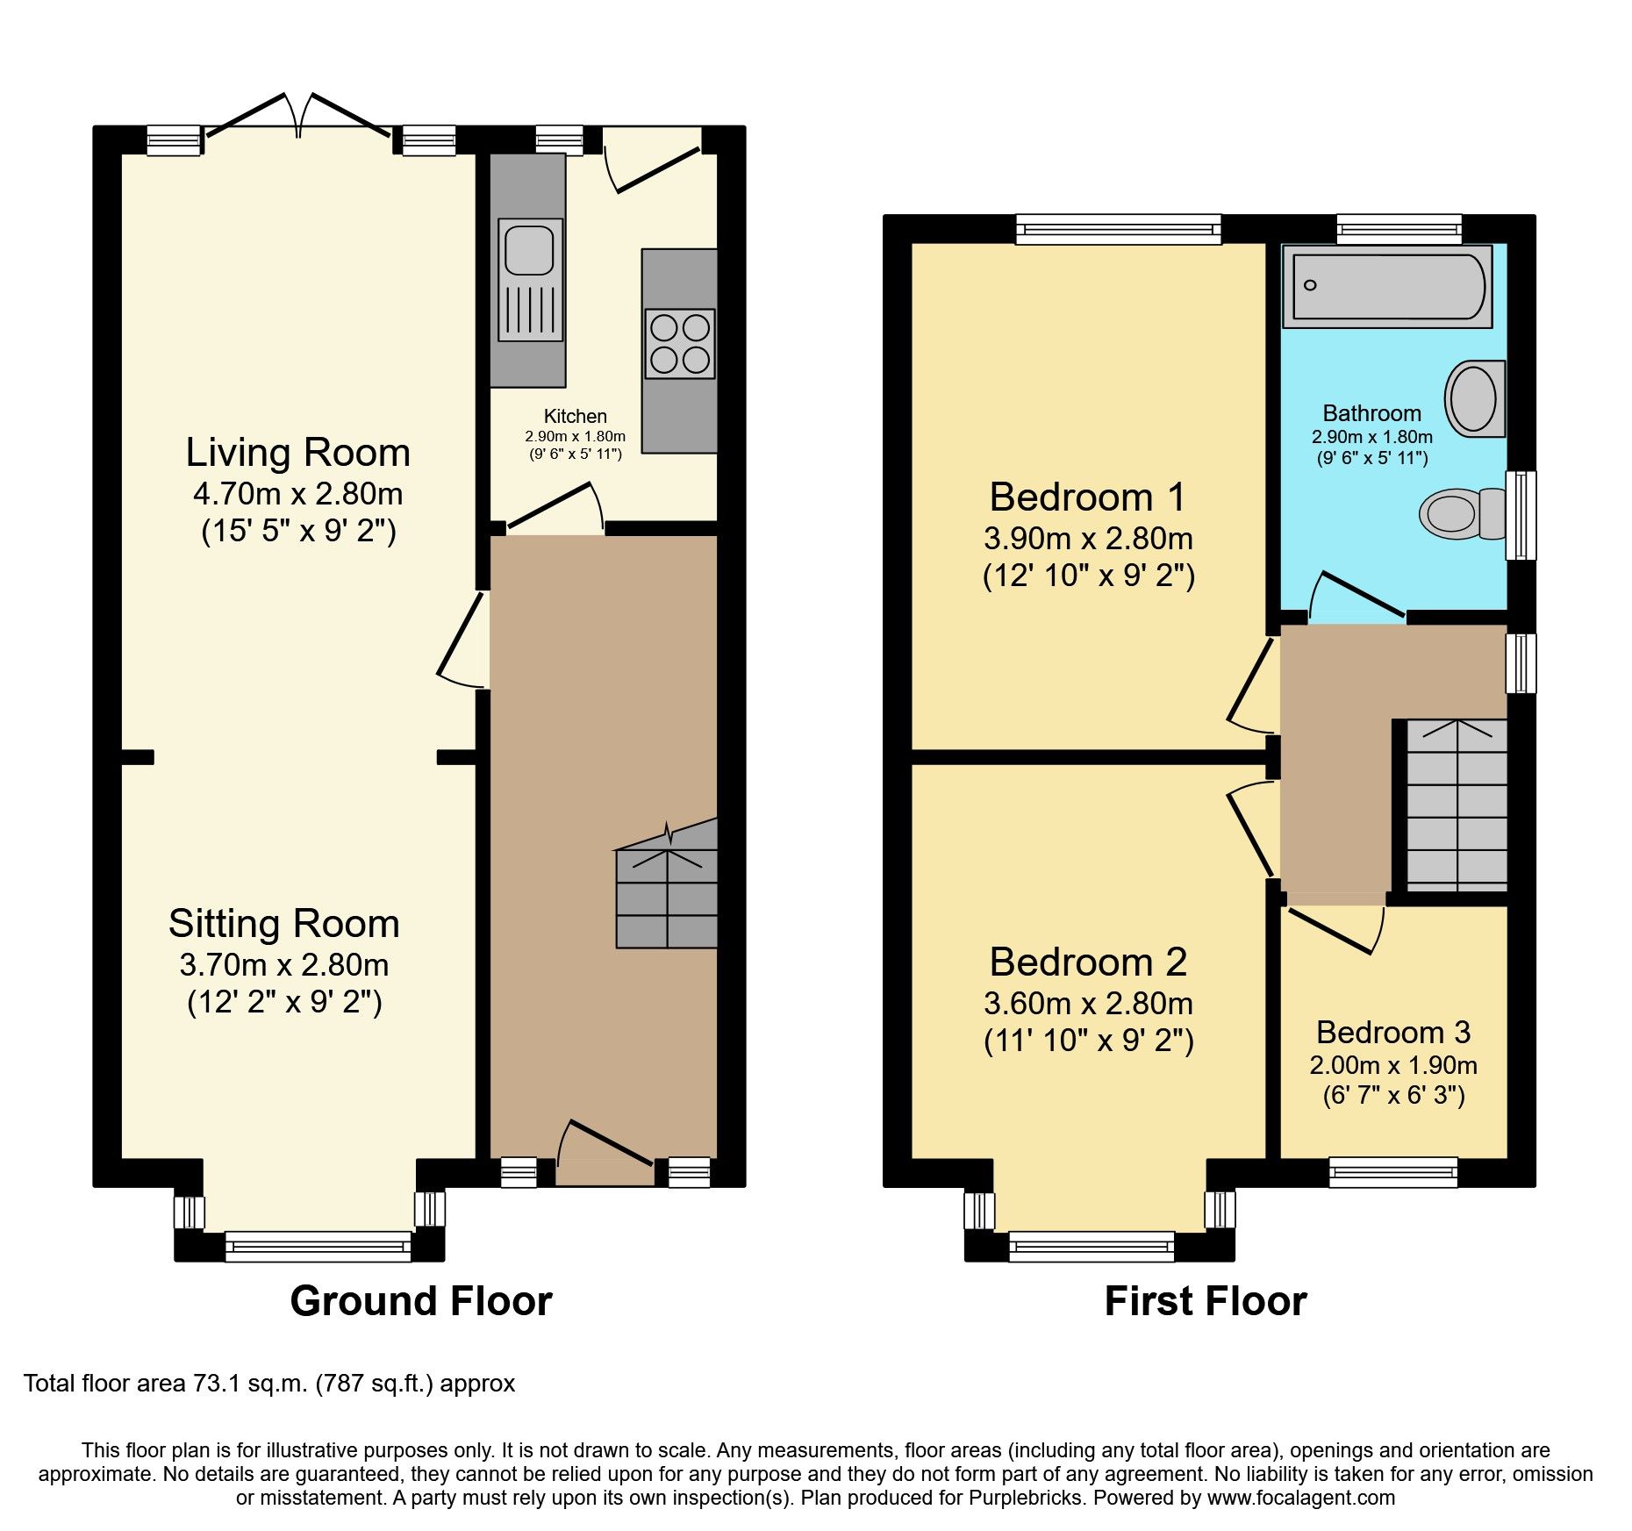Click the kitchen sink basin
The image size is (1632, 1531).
pos(530,248)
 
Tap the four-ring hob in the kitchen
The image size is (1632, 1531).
pos(679,344)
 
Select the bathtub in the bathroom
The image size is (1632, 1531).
pos(1387,286)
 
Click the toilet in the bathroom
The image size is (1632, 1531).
pos(1460,513)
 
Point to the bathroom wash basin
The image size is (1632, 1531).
pos(1474,399)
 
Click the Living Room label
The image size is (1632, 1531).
pos(297,453)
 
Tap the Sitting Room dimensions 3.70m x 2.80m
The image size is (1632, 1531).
pos(283,965)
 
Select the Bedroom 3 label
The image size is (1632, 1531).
pos(1392,1032)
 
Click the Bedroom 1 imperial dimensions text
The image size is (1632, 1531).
pos(1088,576)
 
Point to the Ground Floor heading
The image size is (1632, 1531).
pos(421,1301)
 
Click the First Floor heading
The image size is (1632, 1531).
pos(1205,1301)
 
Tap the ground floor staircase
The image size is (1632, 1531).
pos(667,895)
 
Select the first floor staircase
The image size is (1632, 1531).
pos(1457,807)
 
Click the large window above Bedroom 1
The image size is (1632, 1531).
pos(1118,230)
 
